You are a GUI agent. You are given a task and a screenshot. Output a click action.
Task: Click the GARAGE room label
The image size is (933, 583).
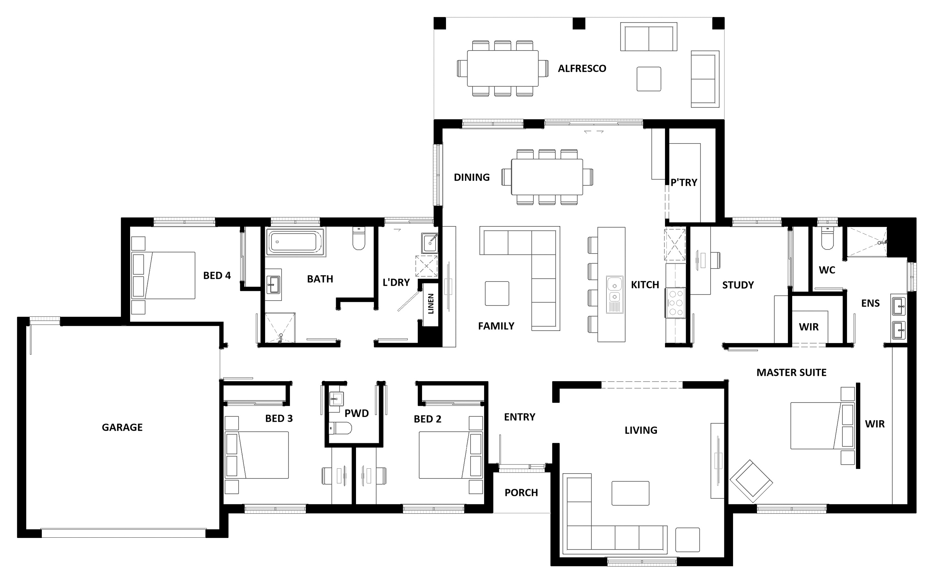pyautogui.click(x=122, y=427)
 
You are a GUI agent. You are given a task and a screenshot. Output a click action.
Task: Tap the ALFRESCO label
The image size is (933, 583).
pyautogui.click(x=582, y=69)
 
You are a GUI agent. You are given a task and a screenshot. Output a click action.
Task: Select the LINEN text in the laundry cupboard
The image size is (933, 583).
pyautogui.click(x=431, y=304)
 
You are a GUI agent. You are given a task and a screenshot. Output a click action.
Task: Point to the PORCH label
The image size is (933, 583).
pyautogui.click(x=521, y=493)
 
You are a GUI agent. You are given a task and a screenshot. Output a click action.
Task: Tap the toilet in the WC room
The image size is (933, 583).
pyautogui.click(x=827, y=239)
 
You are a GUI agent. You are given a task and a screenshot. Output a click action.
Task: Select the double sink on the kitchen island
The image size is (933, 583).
pyautogui.click(x=615, y=294)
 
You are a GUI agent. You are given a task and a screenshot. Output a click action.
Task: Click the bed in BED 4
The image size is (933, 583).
pyautogui.click(x=163, y=275)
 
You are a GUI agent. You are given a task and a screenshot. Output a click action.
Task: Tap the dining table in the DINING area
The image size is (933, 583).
pyautogui.click(x=547, y=177)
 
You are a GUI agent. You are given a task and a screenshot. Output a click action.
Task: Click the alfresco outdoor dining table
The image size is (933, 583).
pyautogui.click(x=503, y=68)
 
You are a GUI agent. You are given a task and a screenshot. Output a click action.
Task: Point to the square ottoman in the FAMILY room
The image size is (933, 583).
pyautogui.click(x=497, y=293)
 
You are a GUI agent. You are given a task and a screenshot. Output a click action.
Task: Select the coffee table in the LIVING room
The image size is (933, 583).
pyautogui.click(x=630, y=493)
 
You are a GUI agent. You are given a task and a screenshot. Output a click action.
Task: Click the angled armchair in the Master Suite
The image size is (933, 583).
pyautogui.click(x=751, y=481)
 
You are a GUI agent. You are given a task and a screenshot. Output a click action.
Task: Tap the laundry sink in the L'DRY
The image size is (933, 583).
pyautogui.click(x=429, y=243)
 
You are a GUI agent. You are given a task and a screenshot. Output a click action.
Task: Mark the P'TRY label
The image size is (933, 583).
pyautogui.click(x=684, y=182)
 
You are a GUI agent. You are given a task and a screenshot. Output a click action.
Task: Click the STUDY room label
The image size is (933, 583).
pyautogui.click(x=738, y=285)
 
